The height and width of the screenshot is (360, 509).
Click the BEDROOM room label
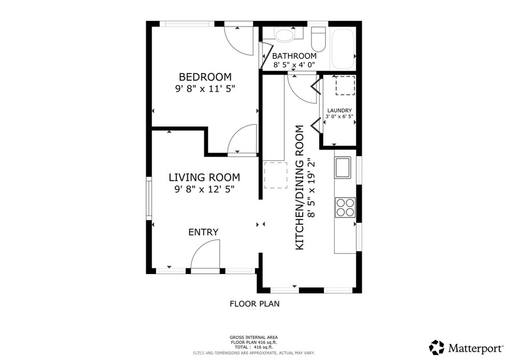click(x=205, y=77)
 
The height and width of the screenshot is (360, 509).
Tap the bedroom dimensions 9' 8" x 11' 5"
click(x=205, y=89)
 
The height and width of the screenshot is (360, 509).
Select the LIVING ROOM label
click(x=204, y=178)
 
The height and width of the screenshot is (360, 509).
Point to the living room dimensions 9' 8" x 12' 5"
click(x=204, y=189)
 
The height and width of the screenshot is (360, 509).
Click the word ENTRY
click(x=203, y=232)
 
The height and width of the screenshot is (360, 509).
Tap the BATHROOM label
click(x=294, y=56)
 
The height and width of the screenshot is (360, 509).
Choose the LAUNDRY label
click(x=339, y=110)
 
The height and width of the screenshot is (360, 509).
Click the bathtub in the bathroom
click(x=343, y=49)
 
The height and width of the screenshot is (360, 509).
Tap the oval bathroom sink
click(x=285, y=35)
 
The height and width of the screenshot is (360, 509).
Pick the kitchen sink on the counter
click(x=343, y=168)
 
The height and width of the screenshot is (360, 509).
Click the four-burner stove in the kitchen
click(x=345, y=207)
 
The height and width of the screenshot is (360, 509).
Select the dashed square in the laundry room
click(x=344, y=86)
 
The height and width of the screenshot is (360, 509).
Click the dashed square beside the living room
click(x=276, y=175)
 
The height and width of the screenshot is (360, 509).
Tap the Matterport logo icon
click(x=437, y=347)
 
